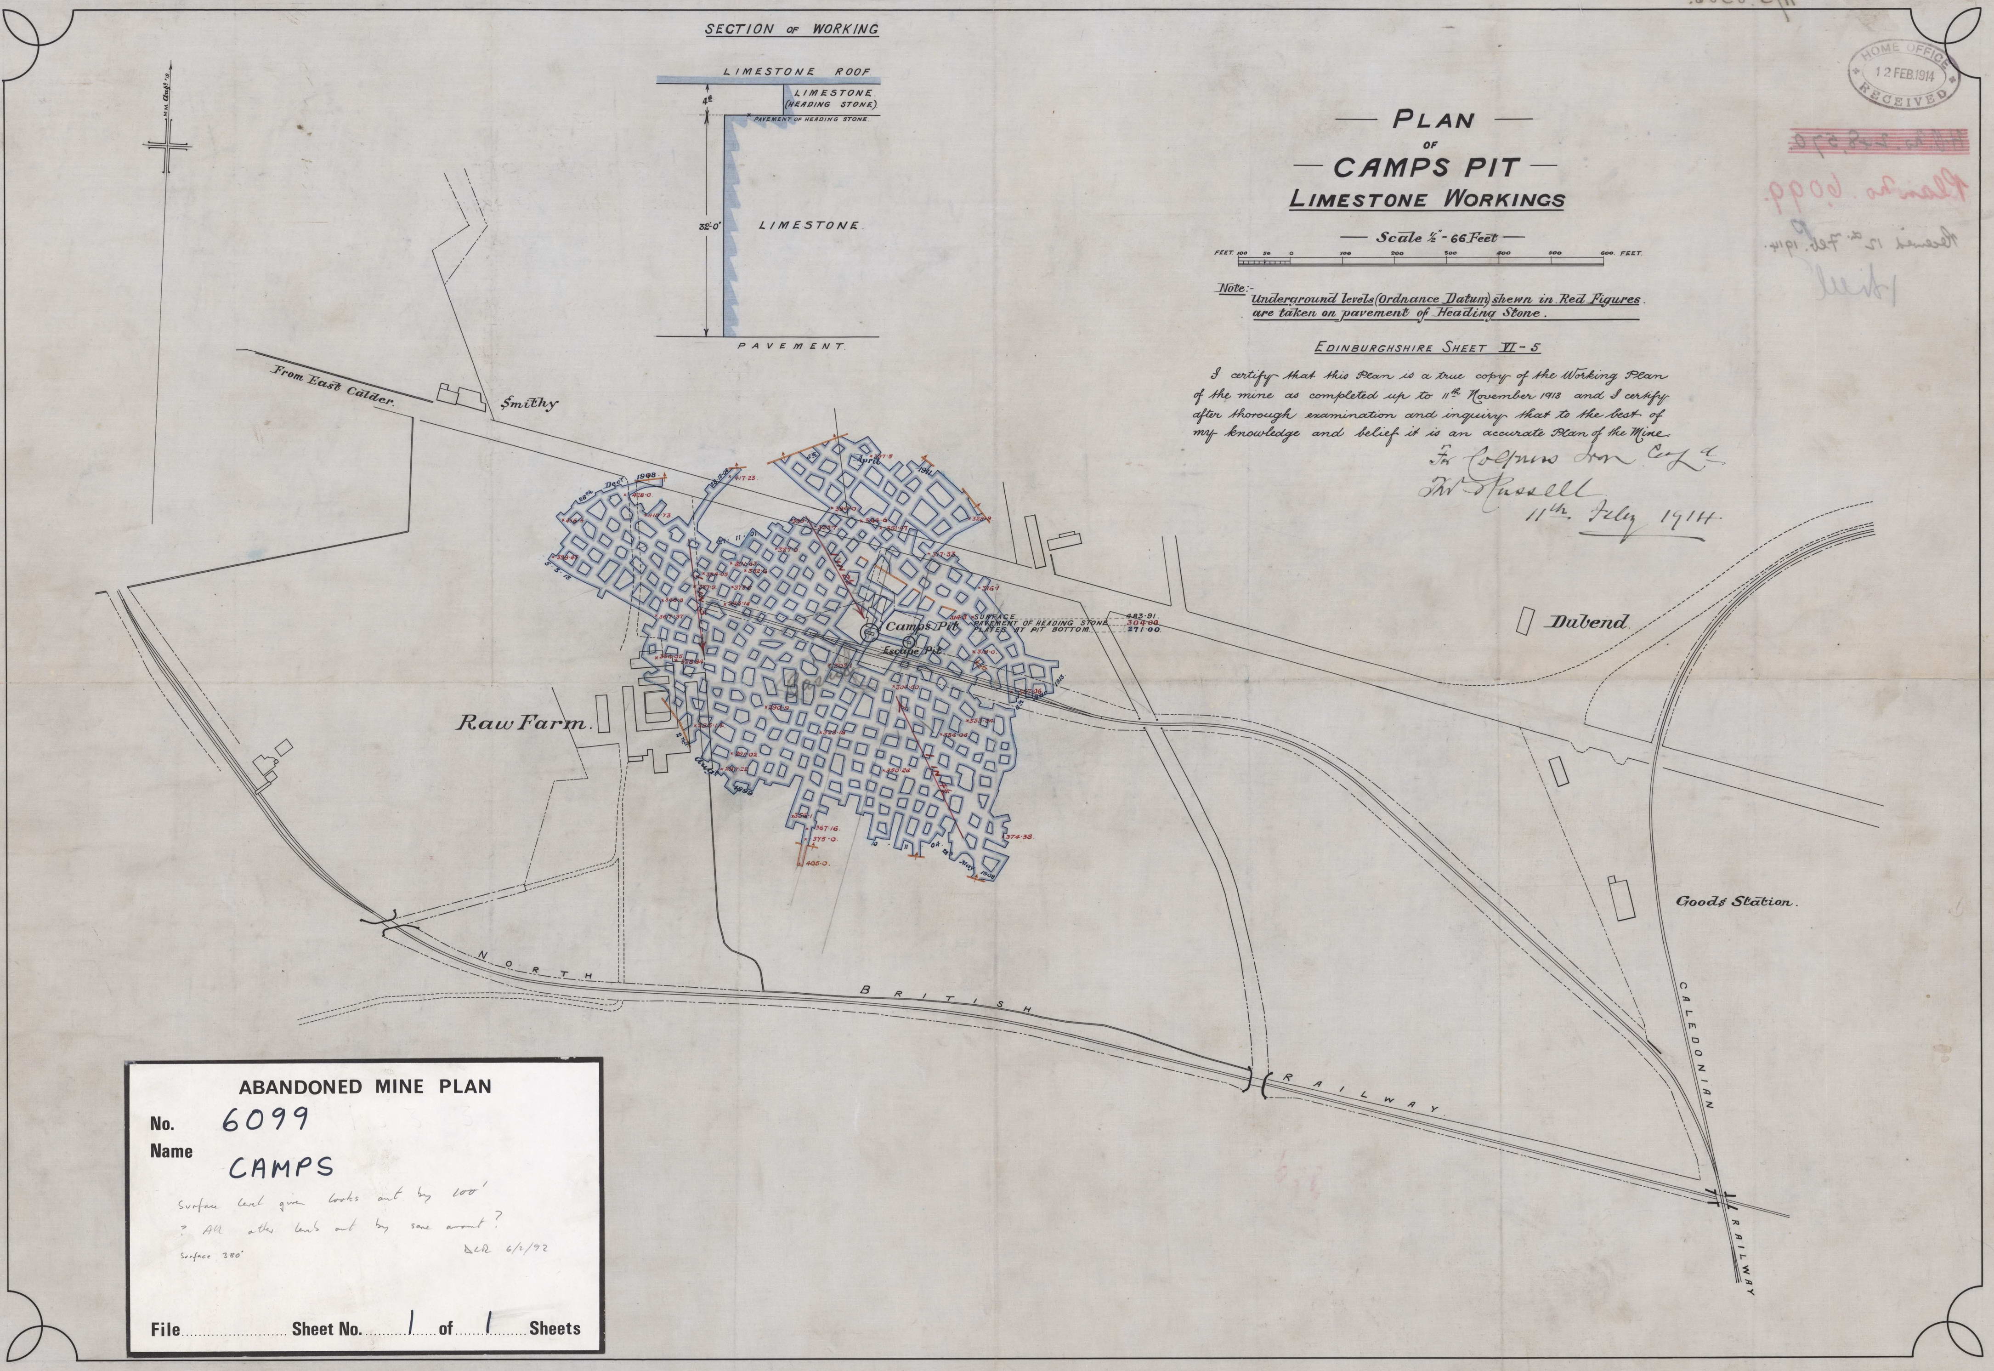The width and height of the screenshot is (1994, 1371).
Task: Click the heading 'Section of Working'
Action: [x=791, y=29]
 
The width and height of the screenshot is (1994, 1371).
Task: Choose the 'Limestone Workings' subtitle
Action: [x=1427, y=200]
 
